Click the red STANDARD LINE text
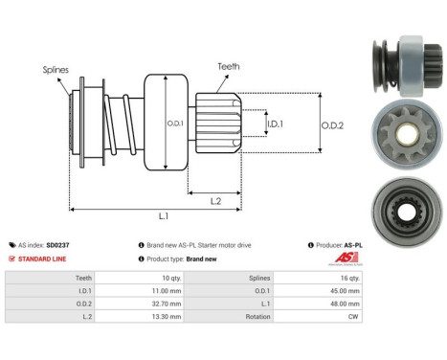44,259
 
